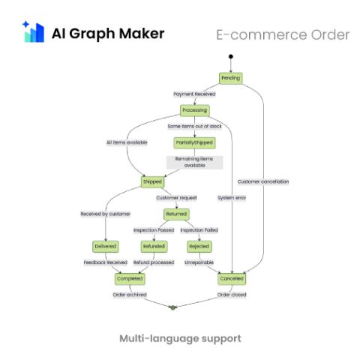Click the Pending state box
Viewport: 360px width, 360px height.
click(x=231, y=78)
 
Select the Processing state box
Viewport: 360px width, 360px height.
click(x=195, y=110)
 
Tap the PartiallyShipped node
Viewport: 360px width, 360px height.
click(x=194, y=142)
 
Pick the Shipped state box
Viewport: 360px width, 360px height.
click(x=152, y=181)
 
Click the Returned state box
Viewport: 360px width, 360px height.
click(x=176, y=214)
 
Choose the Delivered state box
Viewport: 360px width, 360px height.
click(x=106, y=247)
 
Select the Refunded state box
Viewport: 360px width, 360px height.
click(x=154, y=247)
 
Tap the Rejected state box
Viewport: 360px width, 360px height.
click(x=199, y=247)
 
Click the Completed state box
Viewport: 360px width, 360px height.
click(x=130, y=279)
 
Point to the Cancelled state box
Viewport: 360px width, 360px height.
click(x=232, y=279)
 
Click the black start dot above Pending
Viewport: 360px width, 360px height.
click(x=231, y=56)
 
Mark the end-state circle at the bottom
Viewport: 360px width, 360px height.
click(x=172, y=307)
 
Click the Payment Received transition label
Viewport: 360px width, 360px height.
click(x=194, y=94)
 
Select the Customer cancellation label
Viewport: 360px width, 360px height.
click(x=263, y=181)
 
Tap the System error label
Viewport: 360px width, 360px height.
click(x=232, y=198)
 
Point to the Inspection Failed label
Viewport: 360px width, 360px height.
click(x=199, y=230)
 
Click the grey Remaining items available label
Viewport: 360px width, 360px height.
click(x=194, y=162)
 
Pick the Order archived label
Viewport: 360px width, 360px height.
click(x=130, y=295)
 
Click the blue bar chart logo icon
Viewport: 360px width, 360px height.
click(x=34, y=31)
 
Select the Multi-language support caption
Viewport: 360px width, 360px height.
click(x=180, y=339)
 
